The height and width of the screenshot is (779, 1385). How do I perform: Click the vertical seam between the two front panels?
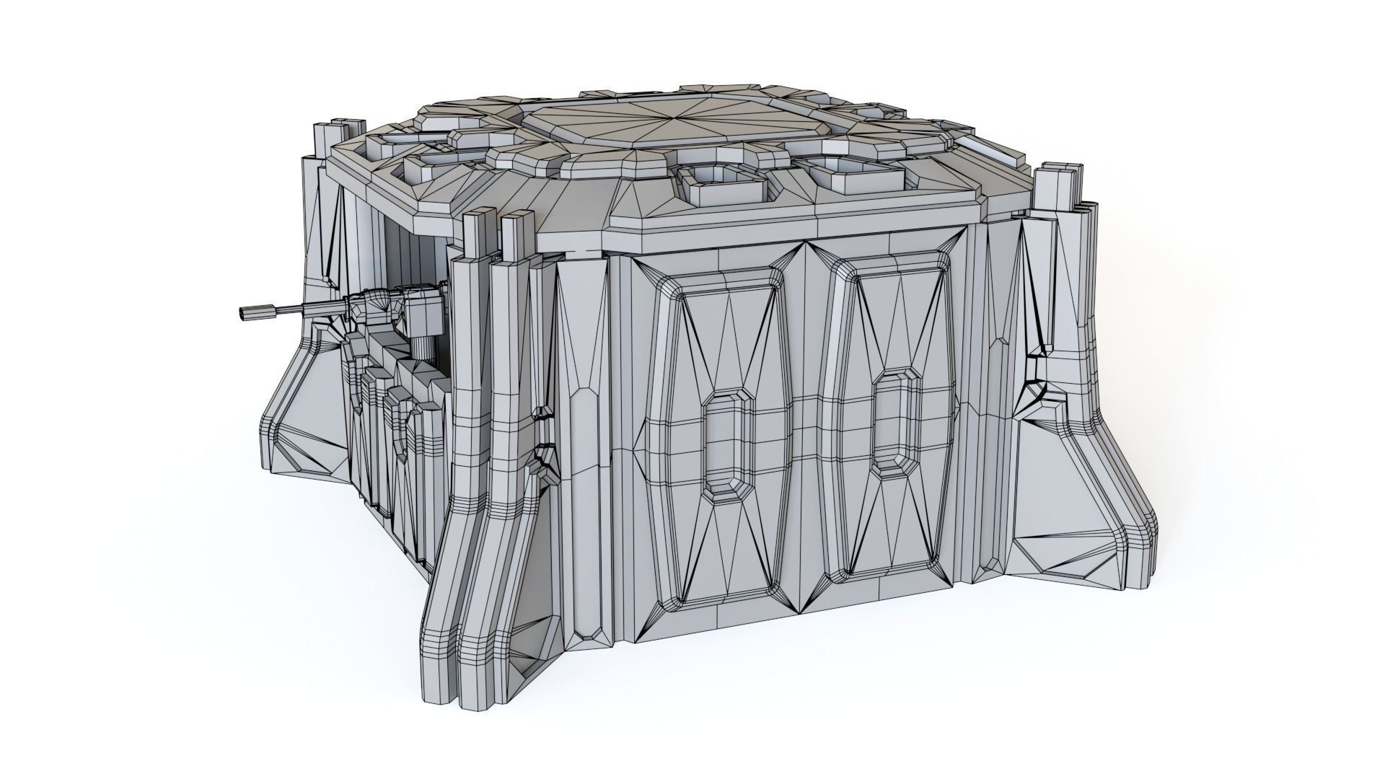(x=805, y=433)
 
